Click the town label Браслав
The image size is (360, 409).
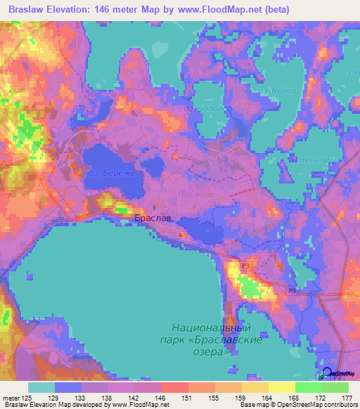(150, 219)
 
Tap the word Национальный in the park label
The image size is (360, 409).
(212, 328)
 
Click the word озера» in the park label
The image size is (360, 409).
(213, 351)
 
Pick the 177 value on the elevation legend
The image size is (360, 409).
(345, 398)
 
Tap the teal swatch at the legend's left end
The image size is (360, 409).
(41, 387)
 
